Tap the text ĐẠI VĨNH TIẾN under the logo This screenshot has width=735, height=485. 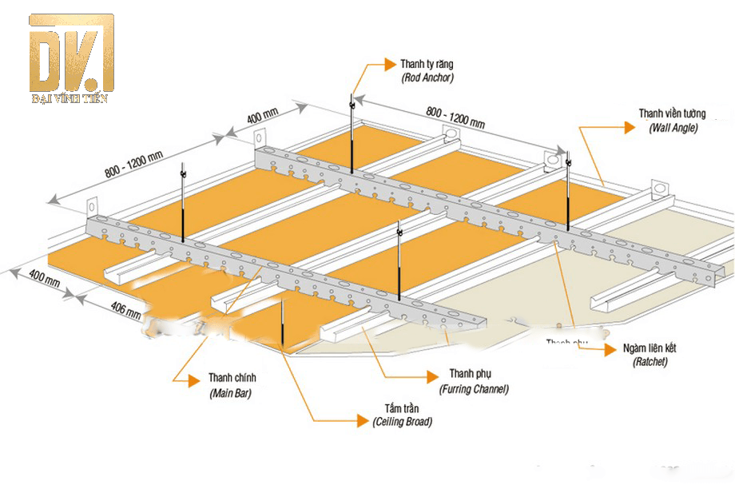70,98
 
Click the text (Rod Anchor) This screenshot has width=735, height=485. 427,78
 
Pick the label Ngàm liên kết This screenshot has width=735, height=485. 661,348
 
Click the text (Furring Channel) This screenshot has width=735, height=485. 474,389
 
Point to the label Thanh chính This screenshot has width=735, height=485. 232,378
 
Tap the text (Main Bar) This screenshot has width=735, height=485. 232,394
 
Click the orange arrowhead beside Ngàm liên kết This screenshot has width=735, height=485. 612,348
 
